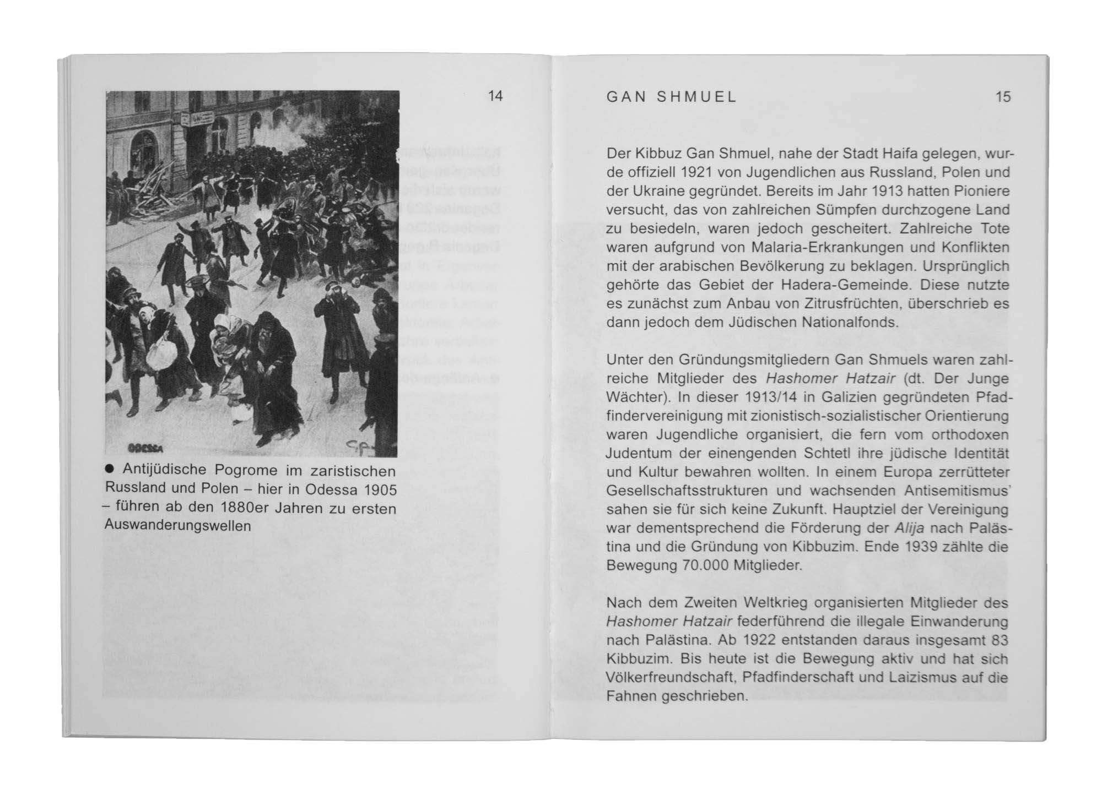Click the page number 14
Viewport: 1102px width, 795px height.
[495, 96]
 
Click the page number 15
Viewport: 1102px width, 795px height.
[1003, 97]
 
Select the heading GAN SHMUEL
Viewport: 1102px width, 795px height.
[671, 97]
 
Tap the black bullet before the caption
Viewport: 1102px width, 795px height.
[109, 469]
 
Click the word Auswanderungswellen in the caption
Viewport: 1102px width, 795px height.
[177, 526]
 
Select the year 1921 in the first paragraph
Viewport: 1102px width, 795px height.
[699, 172]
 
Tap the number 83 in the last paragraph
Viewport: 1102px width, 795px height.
[999, 640]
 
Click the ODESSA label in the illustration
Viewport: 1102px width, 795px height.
[145, 448]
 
